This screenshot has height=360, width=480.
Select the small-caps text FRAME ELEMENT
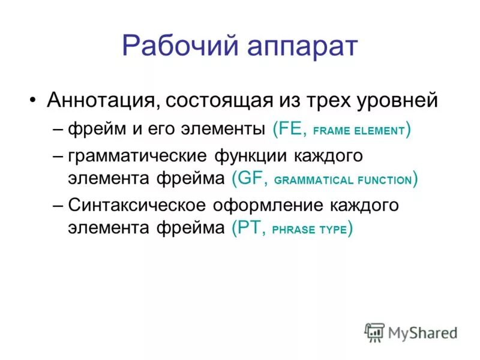pyautogui.click(x=359, y=131)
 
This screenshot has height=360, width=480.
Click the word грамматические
pyautogui.click(x=138, y=157)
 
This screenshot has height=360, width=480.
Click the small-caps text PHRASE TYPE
pyautogui.click(x=309, y=229)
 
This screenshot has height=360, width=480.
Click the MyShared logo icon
pyautogui.click(x=374, y=332)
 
